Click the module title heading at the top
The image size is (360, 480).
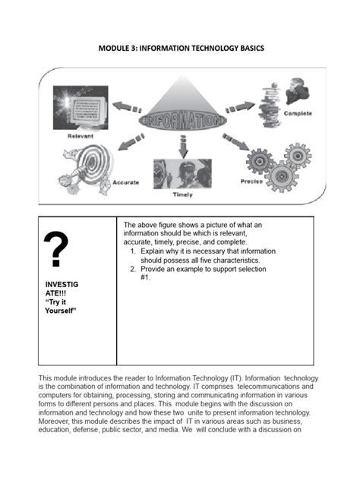(x=180, y=48)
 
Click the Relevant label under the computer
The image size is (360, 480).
(x=81, y=137)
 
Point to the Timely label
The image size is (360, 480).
(x=182, y=194)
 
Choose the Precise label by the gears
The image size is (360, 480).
(x=251, y=182)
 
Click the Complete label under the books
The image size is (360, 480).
(x=298, y=113)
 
